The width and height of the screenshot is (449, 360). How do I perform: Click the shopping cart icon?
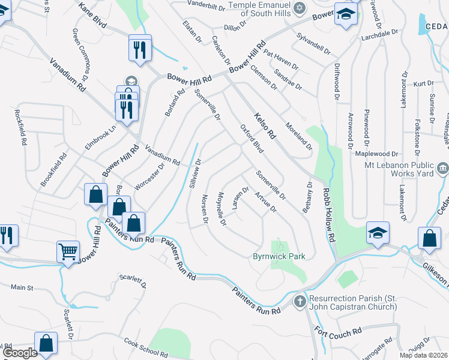click(x=68, y=250)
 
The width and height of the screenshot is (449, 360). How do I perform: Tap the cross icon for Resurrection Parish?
click(x=300, y=299)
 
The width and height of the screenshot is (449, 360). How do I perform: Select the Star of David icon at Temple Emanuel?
click(x=300, y=7)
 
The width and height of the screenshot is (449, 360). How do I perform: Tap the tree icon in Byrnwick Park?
click(x=279, y=245)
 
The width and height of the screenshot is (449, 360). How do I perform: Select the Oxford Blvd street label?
click(x=252, y=138)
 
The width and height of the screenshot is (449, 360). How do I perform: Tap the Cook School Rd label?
click(x=143, y=347)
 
